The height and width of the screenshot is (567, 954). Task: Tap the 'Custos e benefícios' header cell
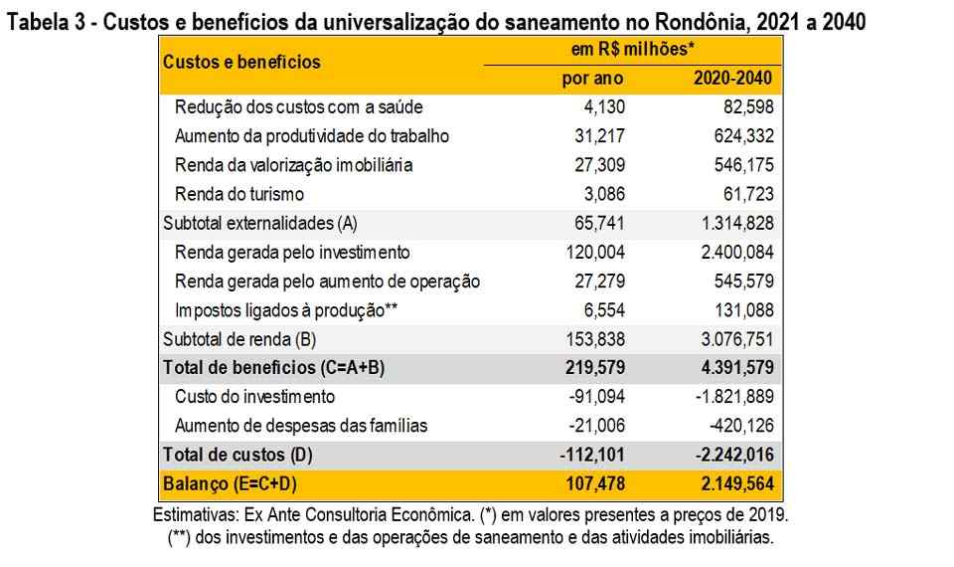point(241,62)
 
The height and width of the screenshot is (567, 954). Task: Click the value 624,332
point(739,136)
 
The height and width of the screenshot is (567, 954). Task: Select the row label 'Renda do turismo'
point(238,194)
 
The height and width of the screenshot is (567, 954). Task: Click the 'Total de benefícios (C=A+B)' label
point(273,368)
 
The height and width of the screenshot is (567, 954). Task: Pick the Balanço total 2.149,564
point(731,484)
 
